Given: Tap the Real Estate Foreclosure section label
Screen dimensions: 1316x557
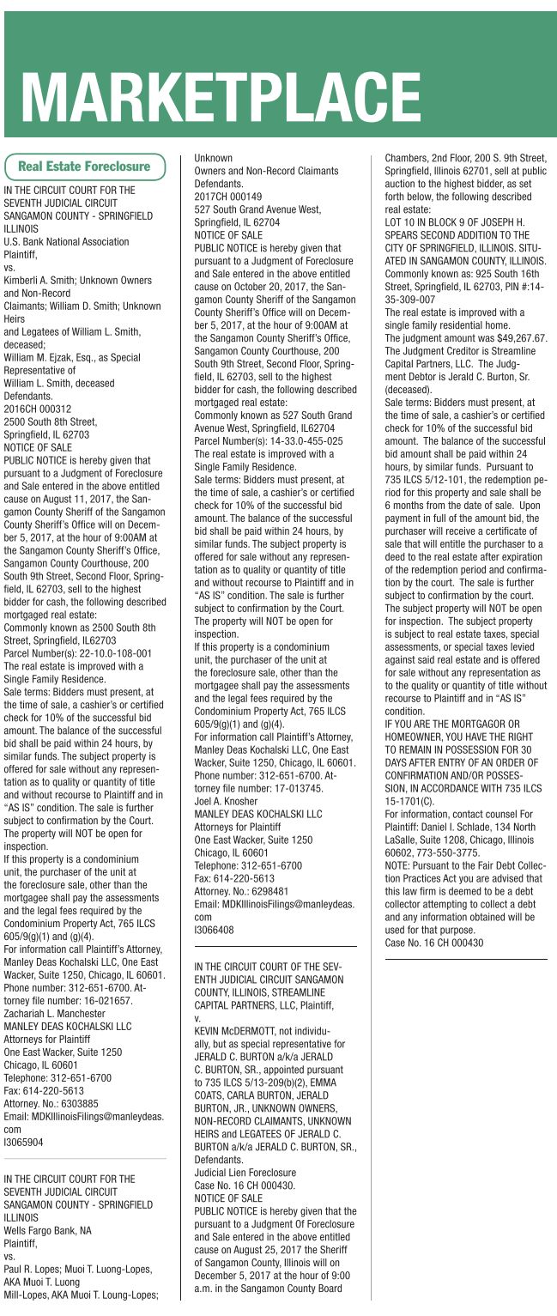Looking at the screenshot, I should (84, 166).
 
